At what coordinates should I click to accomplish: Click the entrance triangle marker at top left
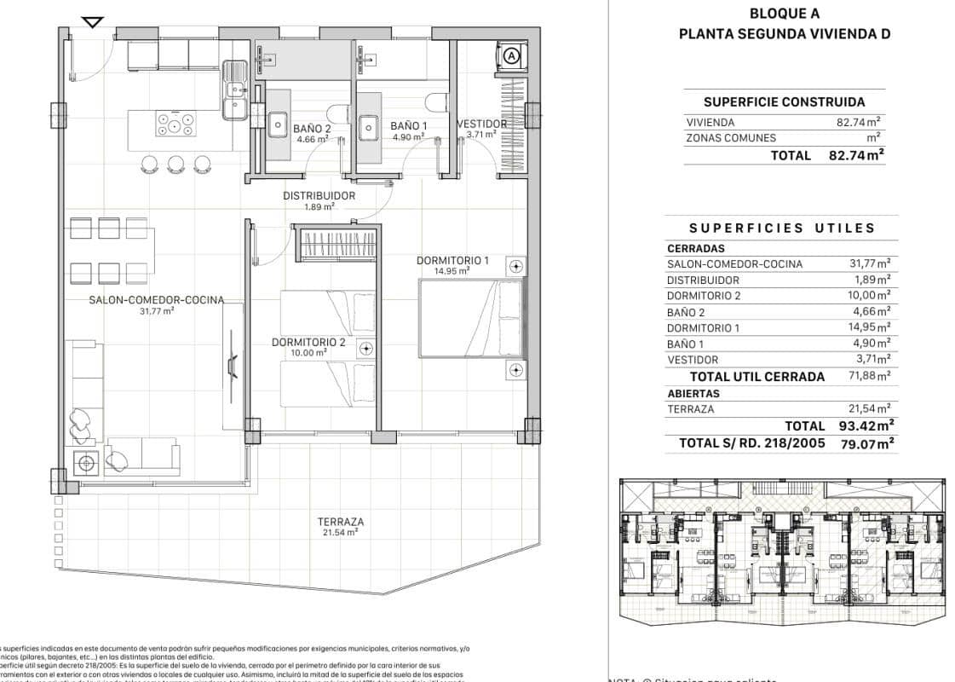[x=93, y=22]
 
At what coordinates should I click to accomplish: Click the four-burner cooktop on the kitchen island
[x=175, y=125]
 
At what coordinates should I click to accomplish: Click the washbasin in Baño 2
[x=279, y=124]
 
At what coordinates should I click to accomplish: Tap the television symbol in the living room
[x=232, y=365]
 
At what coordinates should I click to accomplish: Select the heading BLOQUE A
[x=784, y=13]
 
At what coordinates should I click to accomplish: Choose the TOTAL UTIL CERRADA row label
[x=757, y=376]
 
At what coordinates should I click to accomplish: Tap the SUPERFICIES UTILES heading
[x=782, y=228]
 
